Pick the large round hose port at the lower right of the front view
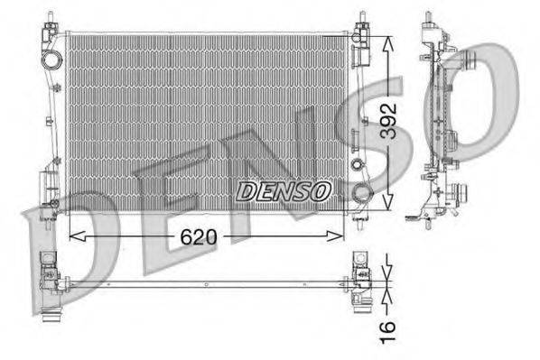361,192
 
